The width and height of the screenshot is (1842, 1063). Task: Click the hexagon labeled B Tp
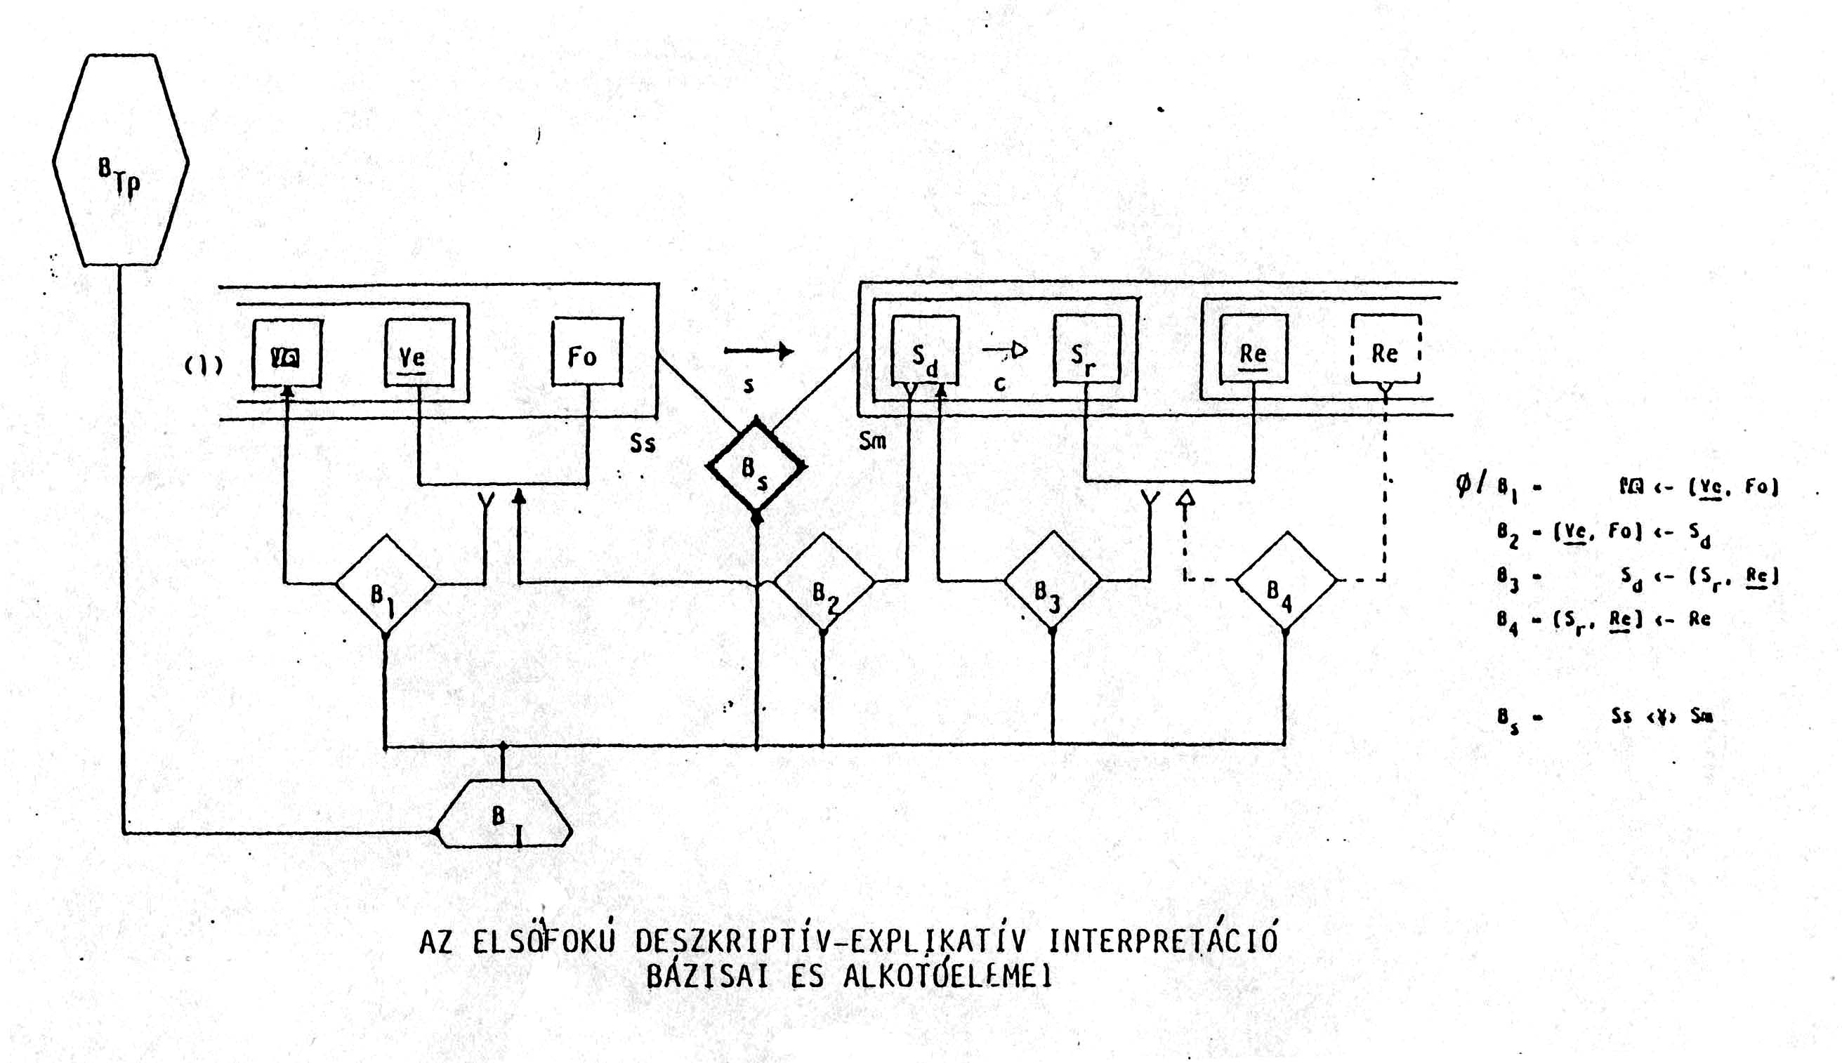tap(121, 161)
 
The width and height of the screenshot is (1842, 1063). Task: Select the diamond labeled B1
tap(386, 583)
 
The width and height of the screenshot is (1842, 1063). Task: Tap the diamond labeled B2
tap(824, 582)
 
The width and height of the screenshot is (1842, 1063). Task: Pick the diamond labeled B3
tap(1052, 580)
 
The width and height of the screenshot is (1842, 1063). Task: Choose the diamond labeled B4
tap(1286, 581)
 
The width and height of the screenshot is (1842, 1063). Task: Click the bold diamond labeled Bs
tap(756, 466)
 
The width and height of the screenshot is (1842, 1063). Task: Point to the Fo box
tap(587, 352)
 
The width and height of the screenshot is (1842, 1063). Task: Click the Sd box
tap(925, 349)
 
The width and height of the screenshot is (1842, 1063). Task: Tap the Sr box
tap(1086, 349)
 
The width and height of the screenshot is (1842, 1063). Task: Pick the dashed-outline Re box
tap(1385, 349)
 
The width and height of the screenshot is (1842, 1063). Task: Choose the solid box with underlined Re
tap(1253, 349)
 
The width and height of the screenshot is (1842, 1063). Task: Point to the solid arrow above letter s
tap(758, 351)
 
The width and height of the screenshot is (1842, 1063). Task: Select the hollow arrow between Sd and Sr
tap(1006, 351)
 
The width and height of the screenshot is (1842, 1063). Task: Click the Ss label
tap(643, 443)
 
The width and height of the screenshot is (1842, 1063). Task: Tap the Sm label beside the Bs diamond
tap(872, 441)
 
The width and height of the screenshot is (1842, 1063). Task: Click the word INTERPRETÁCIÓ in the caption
tap(1162, 941)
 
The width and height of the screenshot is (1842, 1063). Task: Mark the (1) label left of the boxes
tap(203, 365)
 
